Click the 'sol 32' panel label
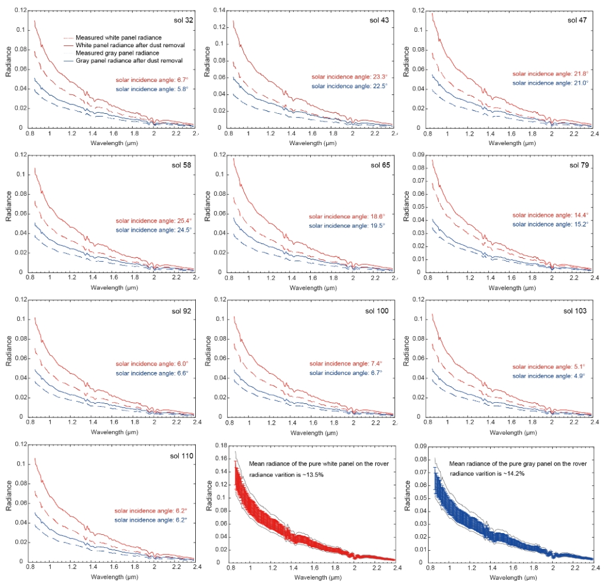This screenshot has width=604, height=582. pyautogui.click(x=183, y=19)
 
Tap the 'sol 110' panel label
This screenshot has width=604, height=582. pyautogui.click(x=181, y=456)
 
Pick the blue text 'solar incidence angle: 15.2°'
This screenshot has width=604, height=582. pyautogui.click(x=550, y=225)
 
